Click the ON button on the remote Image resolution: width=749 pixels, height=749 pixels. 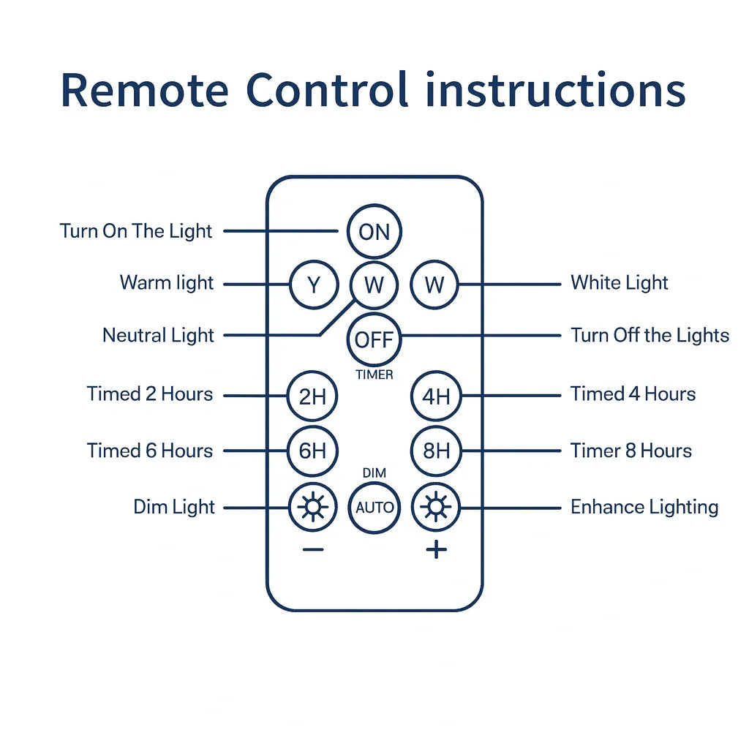[x=374, y=232]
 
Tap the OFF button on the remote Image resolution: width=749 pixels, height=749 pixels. [x=374, y=339]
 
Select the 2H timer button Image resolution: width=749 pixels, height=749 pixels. [x=312, y=396]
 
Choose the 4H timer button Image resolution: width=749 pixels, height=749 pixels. [x=436, y=396]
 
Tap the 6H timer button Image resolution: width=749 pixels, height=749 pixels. [x=312, y=451]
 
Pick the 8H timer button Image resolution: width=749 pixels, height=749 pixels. [x=436, y=451]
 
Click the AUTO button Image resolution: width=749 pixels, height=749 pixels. [x=374, y=507]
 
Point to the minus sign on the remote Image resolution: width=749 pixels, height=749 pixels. [x=312, y=550]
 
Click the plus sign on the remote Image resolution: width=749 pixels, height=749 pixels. [x=436, y=549]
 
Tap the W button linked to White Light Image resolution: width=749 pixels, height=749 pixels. [x=434, y=285]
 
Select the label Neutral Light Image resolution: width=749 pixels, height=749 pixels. [x=158, y=336]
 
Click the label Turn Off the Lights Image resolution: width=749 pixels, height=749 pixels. [x=650, y=336]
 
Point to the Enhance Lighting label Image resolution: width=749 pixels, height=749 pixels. [x=644, y=507]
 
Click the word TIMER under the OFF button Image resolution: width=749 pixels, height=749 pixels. [x=374, y=375]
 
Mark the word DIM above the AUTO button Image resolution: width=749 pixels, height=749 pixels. [x=374, y=474]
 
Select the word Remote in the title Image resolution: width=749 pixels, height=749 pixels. [x=144, y=91]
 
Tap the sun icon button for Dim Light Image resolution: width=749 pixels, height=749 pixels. [x=312, y=507]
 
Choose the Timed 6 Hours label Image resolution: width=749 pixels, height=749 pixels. [x=150, y=451]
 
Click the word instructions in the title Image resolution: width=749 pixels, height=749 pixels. [x=556, y=91]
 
